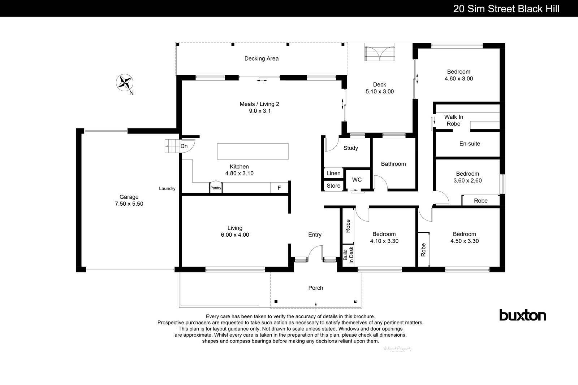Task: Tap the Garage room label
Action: [x=129, y=197]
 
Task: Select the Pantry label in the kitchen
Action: [x=216, y=188]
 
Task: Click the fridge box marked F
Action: [x=279, y=188]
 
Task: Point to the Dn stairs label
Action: [x=184, y=146]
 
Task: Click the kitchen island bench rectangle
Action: [x=253, y=151]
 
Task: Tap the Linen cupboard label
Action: [x=333, y=173]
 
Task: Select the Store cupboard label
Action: [x=333, y=186]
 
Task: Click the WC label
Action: [x=357, y=180]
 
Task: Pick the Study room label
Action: [x=350, y=148]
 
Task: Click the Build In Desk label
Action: [x=348, y=255]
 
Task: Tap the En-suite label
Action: [x=470, y=144]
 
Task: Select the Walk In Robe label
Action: [x=453, y=120]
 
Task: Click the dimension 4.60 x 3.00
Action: [x=459, y=78]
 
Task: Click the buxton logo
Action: [x=522, y=315]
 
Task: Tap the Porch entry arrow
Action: [x=316, y=306]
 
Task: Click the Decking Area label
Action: [x=261, y=58]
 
